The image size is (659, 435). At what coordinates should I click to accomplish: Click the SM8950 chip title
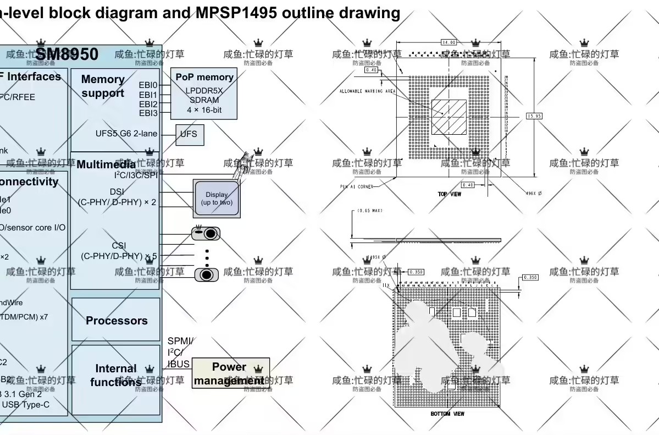tap(67, 54)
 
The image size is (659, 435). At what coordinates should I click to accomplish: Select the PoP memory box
tap(204, 94)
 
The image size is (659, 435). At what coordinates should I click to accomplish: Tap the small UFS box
tap(189, 135)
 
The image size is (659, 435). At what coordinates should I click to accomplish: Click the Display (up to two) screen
tap(217, 198)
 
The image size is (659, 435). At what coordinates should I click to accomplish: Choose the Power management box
tap(230, 373)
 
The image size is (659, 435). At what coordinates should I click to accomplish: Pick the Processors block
tap(116, 321)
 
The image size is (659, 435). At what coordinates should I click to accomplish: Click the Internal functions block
tap(116, 375)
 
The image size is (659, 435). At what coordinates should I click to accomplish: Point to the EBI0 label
tap(148, 85)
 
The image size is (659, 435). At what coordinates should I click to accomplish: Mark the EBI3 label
tap(148, 113)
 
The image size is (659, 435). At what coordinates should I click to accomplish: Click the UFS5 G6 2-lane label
tap(126, 134)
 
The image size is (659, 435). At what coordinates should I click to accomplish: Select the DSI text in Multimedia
tap(117, 191)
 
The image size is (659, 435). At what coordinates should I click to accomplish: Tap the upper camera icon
tap(206, 234)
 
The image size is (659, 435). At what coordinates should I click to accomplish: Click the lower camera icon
tap(206, 274)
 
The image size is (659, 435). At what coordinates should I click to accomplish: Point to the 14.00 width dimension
tap(448, 42)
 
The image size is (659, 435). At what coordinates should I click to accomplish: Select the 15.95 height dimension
tap(534, 116)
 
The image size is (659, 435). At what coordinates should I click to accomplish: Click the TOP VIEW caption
tap(449, 194)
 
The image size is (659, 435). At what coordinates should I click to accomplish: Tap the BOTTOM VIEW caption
tap(447, 414)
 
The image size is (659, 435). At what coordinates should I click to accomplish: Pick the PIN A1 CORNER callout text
tap(356, 187)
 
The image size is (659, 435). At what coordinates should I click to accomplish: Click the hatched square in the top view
tap(448, 117)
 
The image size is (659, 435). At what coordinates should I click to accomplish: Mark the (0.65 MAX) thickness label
tap(369, 211)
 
